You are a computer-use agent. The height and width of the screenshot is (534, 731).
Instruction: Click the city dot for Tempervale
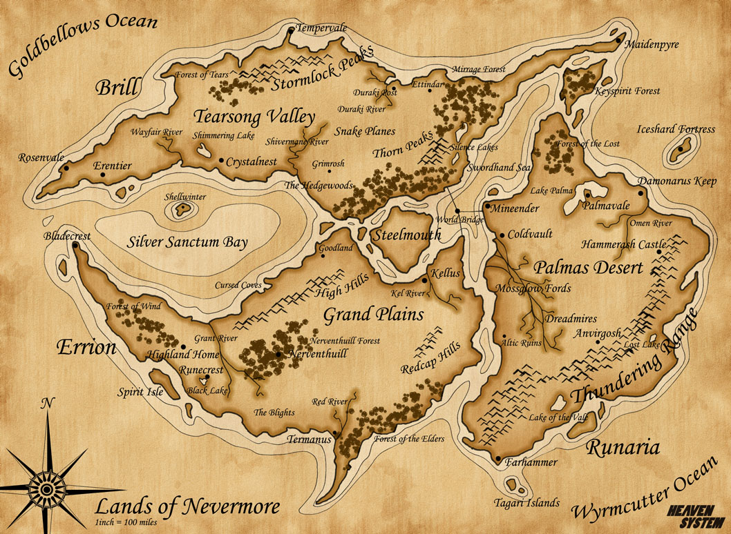point(292,30)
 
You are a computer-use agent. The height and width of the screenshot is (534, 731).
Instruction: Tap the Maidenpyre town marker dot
point(619,41)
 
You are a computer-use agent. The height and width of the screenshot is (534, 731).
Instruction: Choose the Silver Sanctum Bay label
point(187,242)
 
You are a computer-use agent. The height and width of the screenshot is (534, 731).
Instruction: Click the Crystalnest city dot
point(221,161)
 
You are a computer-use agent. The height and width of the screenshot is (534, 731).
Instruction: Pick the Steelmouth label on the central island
point(407,235)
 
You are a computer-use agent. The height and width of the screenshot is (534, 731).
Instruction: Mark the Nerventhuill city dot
point(278,354)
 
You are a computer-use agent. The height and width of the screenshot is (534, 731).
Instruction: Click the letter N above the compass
point(46,405)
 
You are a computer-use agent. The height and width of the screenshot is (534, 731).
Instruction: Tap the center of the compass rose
point(46,489)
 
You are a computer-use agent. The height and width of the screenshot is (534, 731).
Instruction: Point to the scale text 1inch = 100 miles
point(126,522)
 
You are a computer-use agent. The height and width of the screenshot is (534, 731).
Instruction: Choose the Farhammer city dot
point(498,458)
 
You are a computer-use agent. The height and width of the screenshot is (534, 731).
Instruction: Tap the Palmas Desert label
point(587,267)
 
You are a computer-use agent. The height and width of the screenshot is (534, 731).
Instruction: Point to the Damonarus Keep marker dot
point(641,193)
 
